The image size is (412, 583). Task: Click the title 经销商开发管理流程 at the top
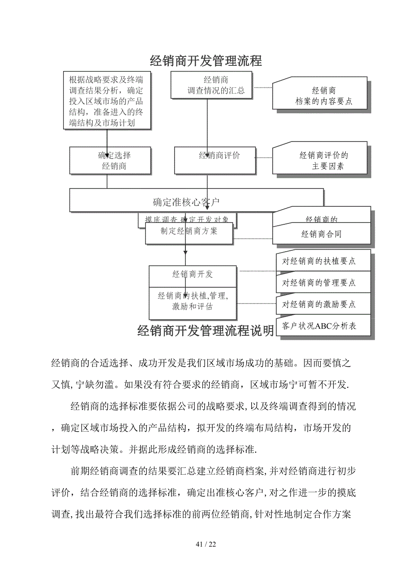[206, 60]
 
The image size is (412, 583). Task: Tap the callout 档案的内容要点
[320, 95]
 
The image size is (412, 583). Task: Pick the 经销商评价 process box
[215, 160]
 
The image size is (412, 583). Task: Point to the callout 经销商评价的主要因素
[320, 161]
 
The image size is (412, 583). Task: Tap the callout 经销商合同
[322, 234]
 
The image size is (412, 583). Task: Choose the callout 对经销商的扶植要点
[323, 261]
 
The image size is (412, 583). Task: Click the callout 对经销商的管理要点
[323, 283]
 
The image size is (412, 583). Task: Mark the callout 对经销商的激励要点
[323, 304]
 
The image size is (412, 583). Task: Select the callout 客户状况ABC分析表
[323, 326]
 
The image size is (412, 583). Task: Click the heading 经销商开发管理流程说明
[206, 331]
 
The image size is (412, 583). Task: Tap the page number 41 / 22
[206, 544]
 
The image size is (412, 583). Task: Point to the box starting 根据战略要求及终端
[107, 101]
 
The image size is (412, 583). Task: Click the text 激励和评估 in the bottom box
[193, 307]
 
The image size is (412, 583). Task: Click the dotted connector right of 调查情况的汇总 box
[263, 88]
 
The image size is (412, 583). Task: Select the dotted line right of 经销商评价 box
[264, 158]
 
